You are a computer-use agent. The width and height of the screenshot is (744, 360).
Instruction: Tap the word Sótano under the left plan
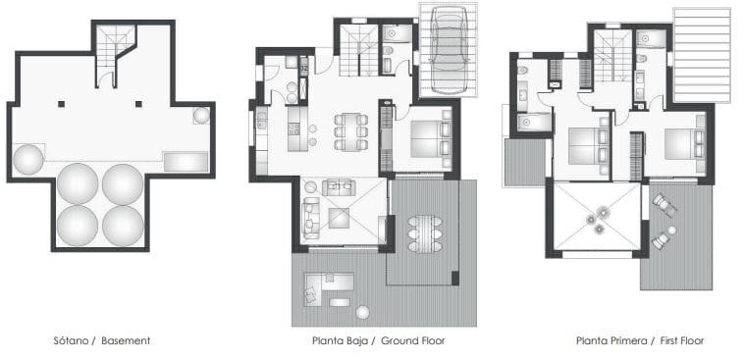[74, 340]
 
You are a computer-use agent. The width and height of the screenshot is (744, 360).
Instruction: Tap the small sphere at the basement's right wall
[200, 116]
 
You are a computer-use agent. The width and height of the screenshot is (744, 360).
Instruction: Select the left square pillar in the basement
[61, 104]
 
